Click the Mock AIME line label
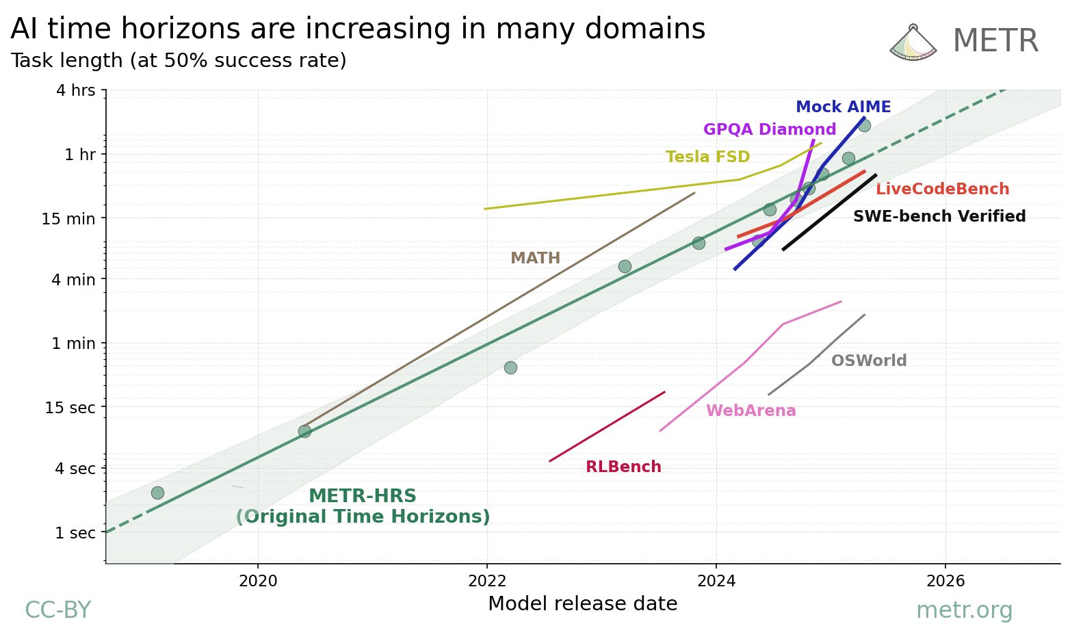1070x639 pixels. pyautogui.click(x=843, y=107)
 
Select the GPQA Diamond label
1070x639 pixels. pyautogui.click(x=769, y=130)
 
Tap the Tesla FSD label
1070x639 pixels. pyautogui.click(x=707, y=157)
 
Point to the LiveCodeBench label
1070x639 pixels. pyautogui.click(x=942, y=190)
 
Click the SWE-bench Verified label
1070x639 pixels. pyautogui.click(x=939, y=217)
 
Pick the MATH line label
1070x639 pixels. pyautogui.click(x=535, y=259)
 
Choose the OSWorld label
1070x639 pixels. pyautogui.click(x=868, y=361)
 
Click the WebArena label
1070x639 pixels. pyautogui.click(x=751, y=411)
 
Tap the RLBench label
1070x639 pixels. pyautogui.click(x=623, y=467)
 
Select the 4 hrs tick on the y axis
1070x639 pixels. pyautogui.click(x=75, y=90)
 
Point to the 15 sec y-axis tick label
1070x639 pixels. pyautogui.click(x=70, y=408)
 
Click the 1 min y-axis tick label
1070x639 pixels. pyautogui.click(x=73, y=343)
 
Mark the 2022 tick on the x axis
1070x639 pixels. pyautogui.click(x=486, y=582)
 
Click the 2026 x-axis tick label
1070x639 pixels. pyautogui.click(x=945, y=582)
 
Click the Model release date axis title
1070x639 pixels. pyautogui.click(x=582, y=604)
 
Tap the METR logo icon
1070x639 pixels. pyautogui.click(x=912, y=42)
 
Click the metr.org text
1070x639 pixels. pyautogui.click(x=963, y=610)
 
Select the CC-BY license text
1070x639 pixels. pyautogui.click(x=57, y=610)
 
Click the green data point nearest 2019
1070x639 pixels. pyautogui.click(x=157, y=493)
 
